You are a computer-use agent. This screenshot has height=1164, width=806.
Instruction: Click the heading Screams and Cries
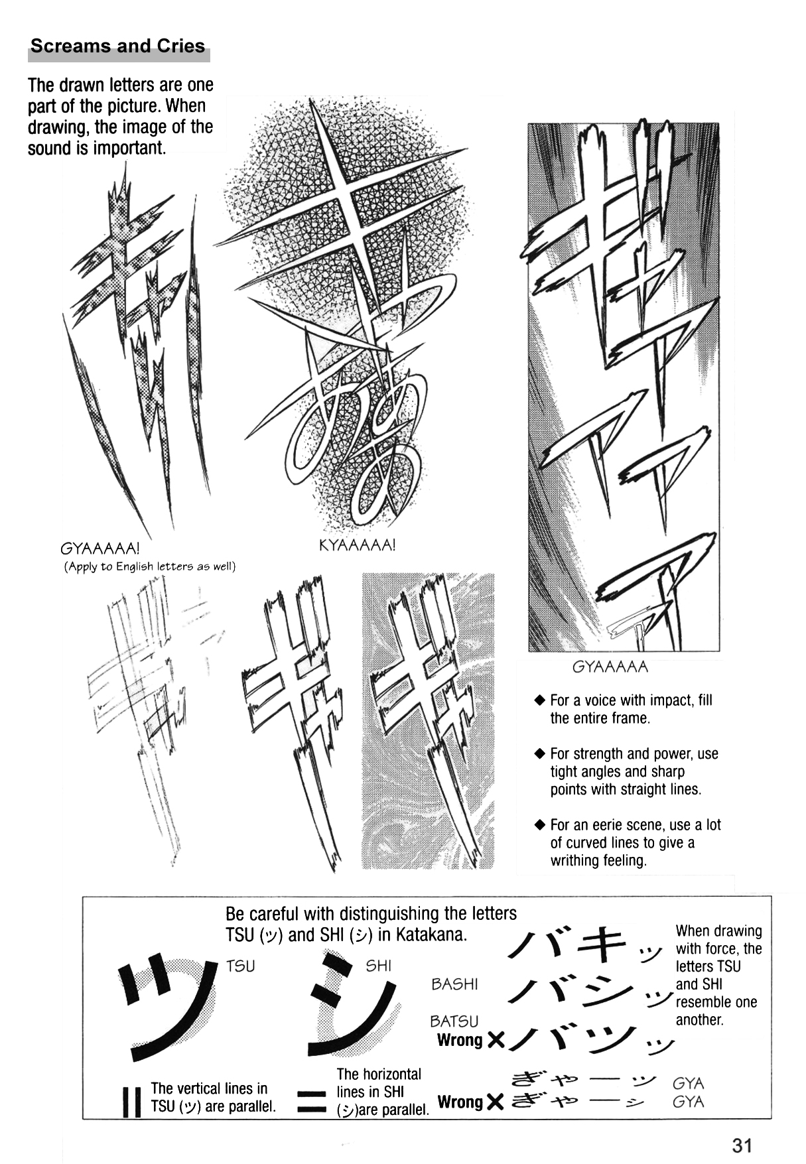[x=118, y=46]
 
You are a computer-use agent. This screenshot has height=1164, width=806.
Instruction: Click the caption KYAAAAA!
[x=357, y=546]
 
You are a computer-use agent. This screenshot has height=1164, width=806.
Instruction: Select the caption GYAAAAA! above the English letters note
[x=100, y=550]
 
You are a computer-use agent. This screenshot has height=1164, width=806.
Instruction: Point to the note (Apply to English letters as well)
[x=150, y=566]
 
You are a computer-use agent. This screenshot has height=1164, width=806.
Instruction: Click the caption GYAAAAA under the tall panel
[x=610, y=667]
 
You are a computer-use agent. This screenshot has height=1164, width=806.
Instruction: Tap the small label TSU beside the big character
[x=240, y=966]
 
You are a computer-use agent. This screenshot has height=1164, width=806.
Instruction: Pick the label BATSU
[x=454, y=1021]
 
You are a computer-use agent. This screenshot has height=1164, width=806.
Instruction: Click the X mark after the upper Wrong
[x=495, y=1041]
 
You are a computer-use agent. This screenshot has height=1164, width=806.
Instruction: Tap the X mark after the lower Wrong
[x=495, y=1103]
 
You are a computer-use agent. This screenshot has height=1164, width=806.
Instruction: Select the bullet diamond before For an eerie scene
[x=540, y=826]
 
